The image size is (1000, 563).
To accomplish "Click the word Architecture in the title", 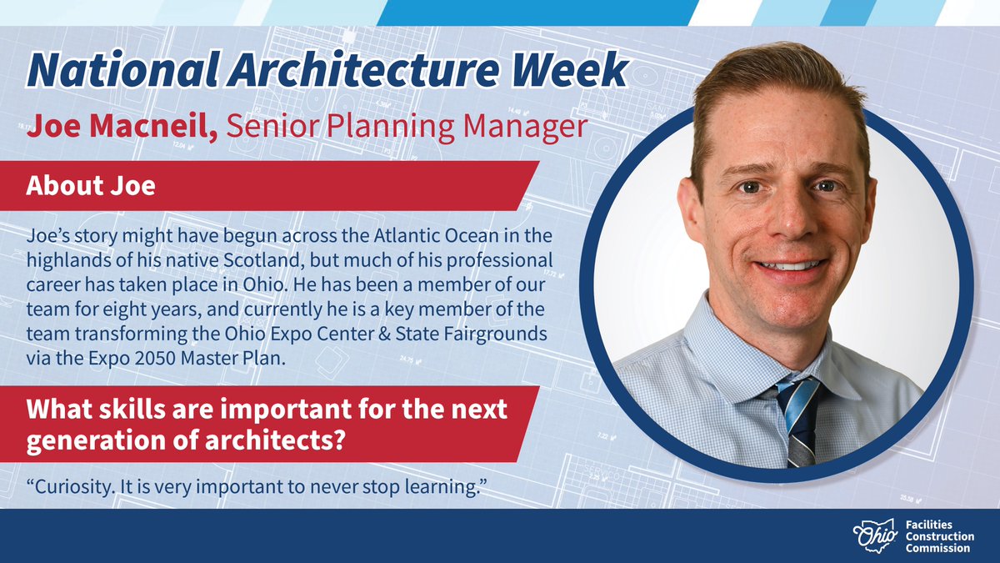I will point(337,72).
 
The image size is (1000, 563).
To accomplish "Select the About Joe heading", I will point(91,185).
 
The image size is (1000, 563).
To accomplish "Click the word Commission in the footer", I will point(938,548).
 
